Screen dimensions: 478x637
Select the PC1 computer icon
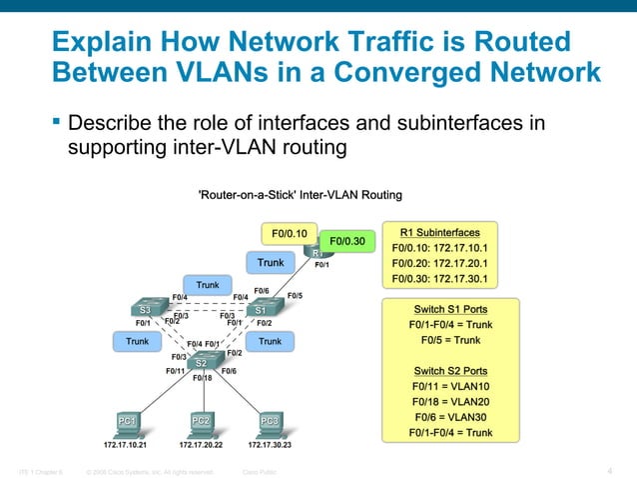pyautogui.click(x=127, y=422)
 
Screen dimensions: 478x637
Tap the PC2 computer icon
pyautogui.click(x=201, y=422)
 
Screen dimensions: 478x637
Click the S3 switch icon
pyautogui.click(x=146, y=310)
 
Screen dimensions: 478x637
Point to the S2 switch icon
pyautogui.click(x=202, y=362)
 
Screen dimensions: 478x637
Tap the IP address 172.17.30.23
pyautogui.click(x=265, y=445)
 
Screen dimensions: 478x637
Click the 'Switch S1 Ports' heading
pyautogui.click(x=449, y=309)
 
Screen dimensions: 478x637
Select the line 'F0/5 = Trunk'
pyautogui.click(x=449, y=340)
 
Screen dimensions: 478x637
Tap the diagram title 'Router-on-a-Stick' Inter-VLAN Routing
pyautogui.click(x=302, y=194)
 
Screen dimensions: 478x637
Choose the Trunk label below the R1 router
pyautogui.click(x=271, y=263)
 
